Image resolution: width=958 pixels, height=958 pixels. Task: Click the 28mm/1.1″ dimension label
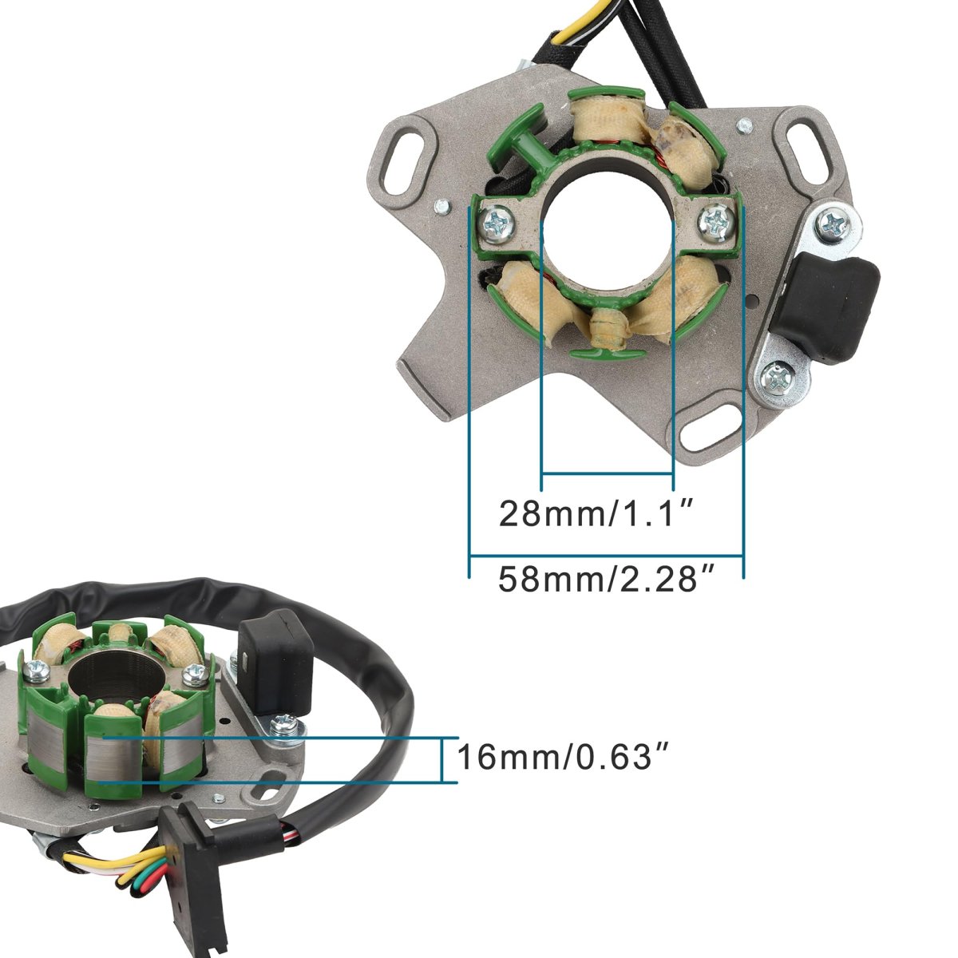pyautogui.click(x=594, y=513)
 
